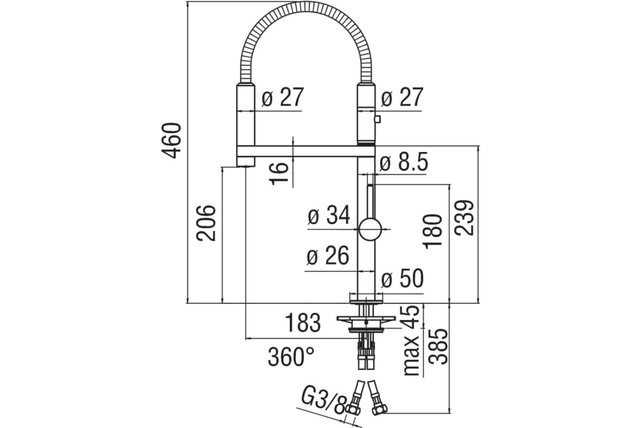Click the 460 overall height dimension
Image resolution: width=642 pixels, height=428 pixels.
[x=173, y=140]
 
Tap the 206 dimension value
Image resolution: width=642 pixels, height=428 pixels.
[x=207, y=223]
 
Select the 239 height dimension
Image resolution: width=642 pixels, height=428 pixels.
[x=464, y=217]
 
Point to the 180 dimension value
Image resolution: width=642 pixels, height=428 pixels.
[x=433, y=231]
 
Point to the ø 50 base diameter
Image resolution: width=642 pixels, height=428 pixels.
[x=402, y=280]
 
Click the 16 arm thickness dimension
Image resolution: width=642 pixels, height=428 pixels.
[x=279, y=173]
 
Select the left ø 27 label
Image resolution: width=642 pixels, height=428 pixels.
[x=282, y=98]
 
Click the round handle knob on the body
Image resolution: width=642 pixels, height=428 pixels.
[x=370, y=230]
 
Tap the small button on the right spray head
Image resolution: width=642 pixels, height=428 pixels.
[x=378, y=119]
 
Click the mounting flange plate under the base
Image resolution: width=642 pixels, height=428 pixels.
[x=366, y=320]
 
